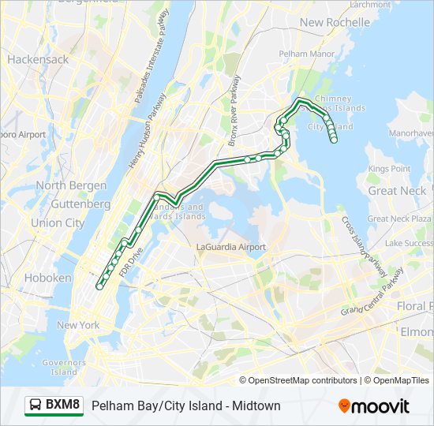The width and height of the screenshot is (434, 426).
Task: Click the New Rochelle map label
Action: [335, 22]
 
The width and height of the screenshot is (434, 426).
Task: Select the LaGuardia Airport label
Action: [230, 247]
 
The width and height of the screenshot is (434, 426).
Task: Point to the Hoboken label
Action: [48, 278]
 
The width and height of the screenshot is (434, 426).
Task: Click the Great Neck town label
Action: [398, 191]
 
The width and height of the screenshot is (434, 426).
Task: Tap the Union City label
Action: [58, 223]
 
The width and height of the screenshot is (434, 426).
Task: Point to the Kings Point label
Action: [389, 169]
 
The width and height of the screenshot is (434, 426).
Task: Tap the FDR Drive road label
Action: [129, 263]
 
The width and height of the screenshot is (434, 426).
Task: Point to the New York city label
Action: [77, 325]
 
